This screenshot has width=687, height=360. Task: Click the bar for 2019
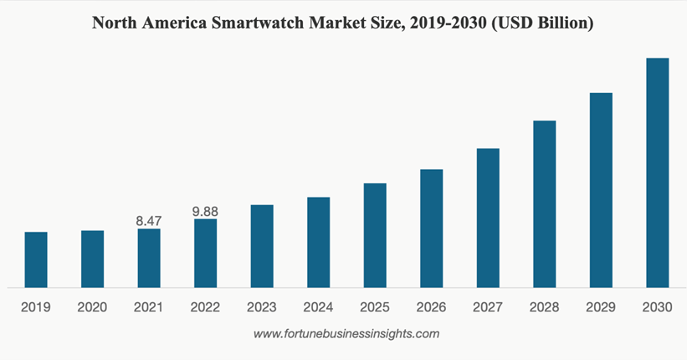36,260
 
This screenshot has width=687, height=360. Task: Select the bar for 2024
319,242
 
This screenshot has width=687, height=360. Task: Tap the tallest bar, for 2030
658,172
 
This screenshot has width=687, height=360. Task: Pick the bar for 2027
488,218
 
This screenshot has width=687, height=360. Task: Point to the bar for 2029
601,190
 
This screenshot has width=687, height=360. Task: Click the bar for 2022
206,253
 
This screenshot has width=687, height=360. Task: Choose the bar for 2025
375,235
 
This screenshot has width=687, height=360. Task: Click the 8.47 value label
149,221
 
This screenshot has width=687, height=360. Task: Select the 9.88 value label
205,211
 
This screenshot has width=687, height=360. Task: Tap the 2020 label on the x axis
92,307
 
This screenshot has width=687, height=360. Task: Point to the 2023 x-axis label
262,307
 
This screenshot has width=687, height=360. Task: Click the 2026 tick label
432,307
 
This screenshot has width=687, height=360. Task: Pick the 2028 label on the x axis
545,307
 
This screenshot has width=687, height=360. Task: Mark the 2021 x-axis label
149,307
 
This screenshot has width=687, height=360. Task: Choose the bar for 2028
545,203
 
